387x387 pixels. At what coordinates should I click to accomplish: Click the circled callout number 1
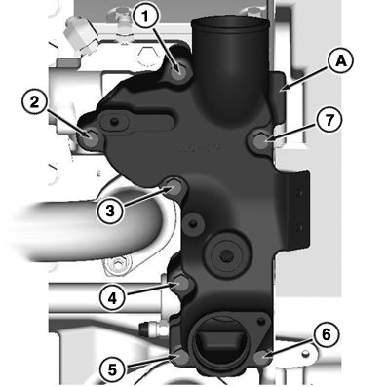(x=146, y=17)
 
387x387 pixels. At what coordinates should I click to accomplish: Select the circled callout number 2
(x=35, y=102)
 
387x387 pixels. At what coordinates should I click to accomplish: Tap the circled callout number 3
(x=110, y=212)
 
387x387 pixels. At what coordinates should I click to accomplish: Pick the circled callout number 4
(x=112, y=298)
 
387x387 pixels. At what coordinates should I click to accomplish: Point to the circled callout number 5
(x=112, y=369)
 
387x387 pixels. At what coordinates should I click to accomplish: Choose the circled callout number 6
(x=327, y=334)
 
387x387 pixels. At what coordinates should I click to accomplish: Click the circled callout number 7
(x=329, y=120)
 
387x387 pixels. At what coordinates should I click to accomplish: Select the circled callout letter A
(x=340, y=61)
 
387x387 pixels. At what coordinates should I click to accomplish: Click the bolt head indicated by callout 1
(x=178, y=71)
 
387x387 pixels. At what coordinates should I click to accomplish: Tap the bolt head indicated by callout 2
(x=89, y=138)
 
